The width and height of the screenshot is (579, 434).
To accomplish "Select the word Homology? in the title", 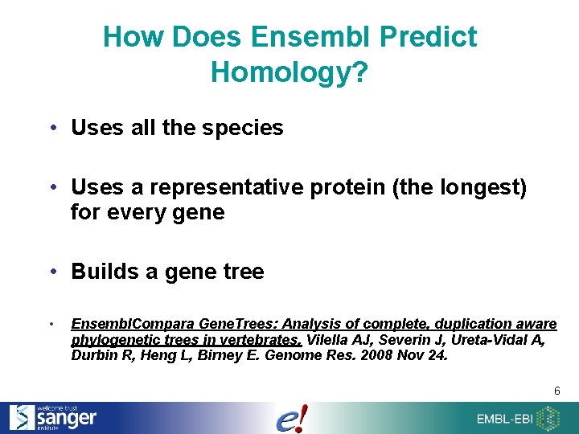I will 289,72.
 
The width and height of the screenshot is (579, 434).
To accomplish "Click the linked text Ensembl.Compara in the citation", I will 121,324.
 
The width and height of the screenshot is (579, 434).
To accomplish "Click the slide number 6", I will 556,391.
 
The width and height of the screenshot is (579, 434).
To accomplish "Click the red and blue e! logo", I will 291,419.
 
